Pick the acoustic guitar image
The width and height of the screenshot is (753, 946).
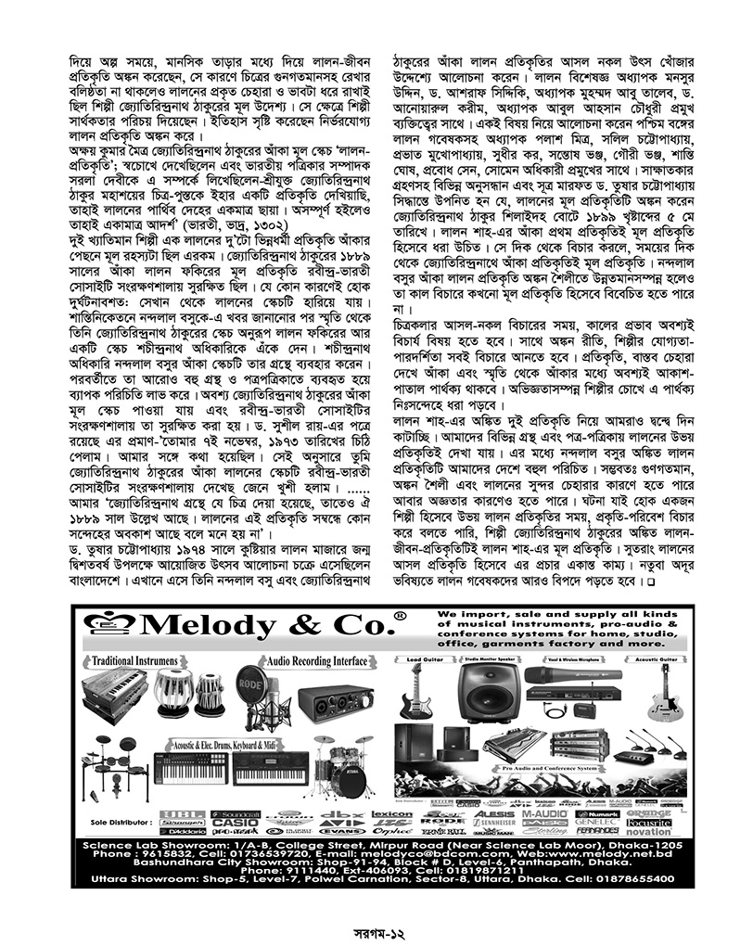coord(660,691)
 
